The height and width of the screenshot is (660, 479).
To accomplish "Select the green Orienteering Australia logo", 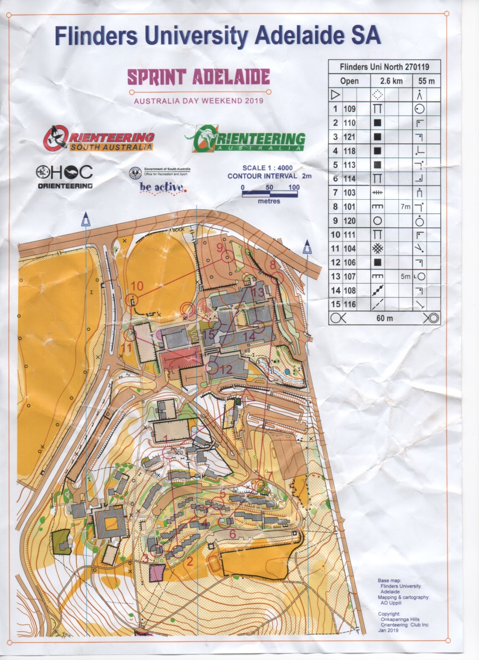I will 245,139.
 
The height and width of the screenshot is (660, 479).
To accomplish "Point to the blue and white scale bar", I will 270,193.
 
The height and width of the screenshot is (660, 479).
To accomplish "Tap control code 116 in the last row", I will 350,304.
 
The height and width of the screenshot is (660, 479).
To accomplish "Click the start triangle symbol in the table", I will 335,95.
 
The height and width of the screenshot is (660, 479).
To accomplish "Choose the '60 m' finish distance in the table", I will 385,318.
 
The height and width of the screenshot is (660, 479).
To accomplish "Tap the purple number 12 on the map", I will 227,369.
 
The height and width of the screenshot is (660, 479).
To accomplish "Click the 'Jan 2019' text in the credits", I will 389,631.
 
